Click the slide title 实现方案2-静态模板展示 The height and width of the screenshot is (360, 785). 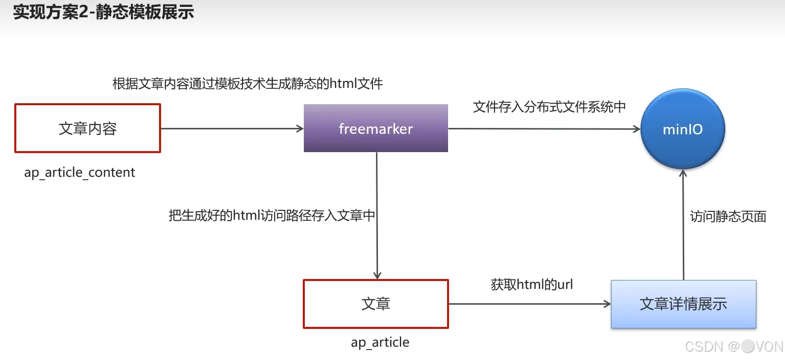[x=103, y=12]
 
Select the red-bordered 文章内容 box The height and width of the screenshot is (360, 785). [x=87, y=128]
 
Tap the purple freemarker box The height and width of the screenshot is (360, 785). [x=375, y=128]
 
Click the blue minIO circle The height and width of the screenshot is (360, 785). [x=682, y=129]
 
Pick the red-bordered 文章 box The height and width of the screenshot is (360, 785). [x=375, y=304]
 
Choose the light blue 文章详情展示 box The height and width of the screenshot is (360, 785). [x=683, y=304]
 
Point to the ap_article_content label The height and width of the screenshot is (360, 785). [x=80, y=172]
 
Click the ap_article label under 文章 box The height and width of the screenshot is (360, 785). [x=380, y=342]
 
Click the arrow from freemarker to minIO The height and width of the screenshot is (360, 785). [x=543, y=129]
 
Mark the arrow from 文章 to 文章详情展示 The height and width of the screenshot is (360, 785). [x=529, y=304]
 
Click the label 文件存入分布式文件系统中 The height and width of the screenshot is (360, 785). [x=549, y=107]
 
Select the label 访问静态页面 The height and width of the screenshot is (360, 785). [x=728, y=216]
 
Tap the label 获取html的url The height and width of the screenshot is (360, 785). [x=532, y=284]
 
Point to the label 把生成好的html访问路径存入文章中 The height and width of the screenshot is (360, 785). [x=272, y=215]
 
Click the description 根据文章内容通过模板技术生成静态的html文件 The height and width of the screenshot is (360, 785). [x=248, y=83]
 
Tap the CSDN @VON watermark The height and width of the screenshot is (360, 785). [x=734, y=347]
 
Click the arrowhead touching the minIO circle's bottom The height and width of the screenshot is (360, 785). [x=683, y=173]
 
